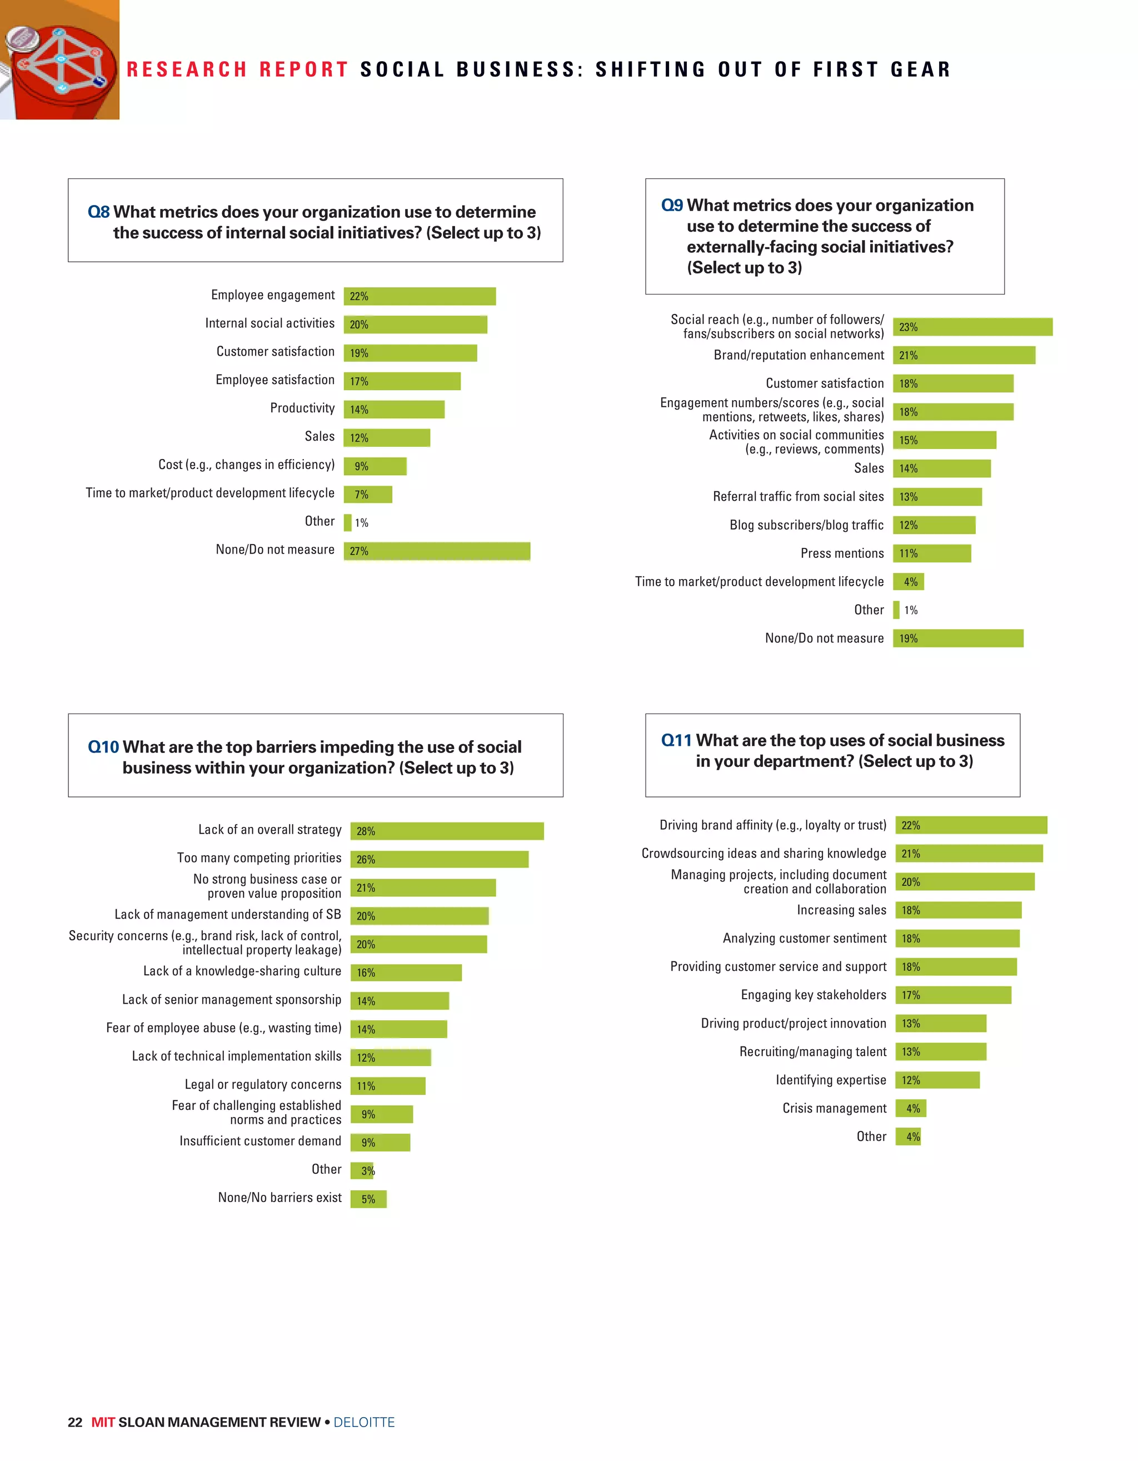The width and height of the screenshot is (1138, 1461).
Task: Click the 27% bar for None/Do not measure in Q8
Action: [436, 551]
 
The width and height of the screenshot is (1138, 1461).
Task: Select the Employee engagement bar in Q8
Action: [420, 296]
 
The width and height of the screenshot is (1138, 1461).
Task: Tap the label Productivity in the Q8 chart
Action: [302, 408]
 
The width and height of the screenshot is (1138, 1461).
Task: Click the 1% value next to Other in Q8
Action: [361, 522]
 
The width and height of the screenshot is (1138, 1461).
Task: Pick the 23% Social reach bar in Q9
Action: [972, 326]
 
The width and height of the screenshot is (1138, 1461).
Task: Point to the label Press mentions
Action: [842, 554]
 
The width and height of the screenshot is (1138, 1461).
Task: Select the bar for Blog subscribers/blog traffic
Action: [934, 525]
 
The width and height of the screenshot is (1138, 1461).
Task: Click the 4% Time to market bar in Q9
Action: [908, 581]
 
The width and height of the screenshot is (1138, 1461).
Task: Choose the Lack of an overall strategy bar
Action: [446, 830]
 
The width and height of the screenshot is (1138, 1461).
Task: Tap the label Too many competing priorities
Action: [259, 857]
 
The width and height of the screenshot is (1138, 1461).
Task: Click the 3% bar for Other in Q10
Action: [362, 1170]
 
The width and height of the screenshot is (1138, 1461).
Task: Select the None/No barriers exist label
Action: [279, 1198]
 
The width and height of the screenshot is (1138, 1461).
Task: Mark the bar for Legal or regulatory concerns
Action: [387, 1085]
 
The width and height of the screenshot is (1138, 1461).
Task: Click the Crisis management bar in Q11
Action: [910, 1108]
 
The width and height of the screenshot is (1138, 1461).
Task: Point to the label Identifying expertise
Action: [830, 1080]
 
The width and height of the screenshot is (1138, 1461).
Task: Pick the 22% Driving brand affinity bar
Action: [971, 825]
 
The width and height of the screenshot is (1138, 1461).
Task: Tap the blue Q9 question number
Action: [672, 206]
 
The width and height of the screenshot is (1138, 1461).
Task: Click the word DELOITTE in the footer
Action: [364, 1422]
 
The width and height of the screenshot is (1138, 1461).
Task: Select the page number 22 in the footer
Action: [75, 1422]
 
